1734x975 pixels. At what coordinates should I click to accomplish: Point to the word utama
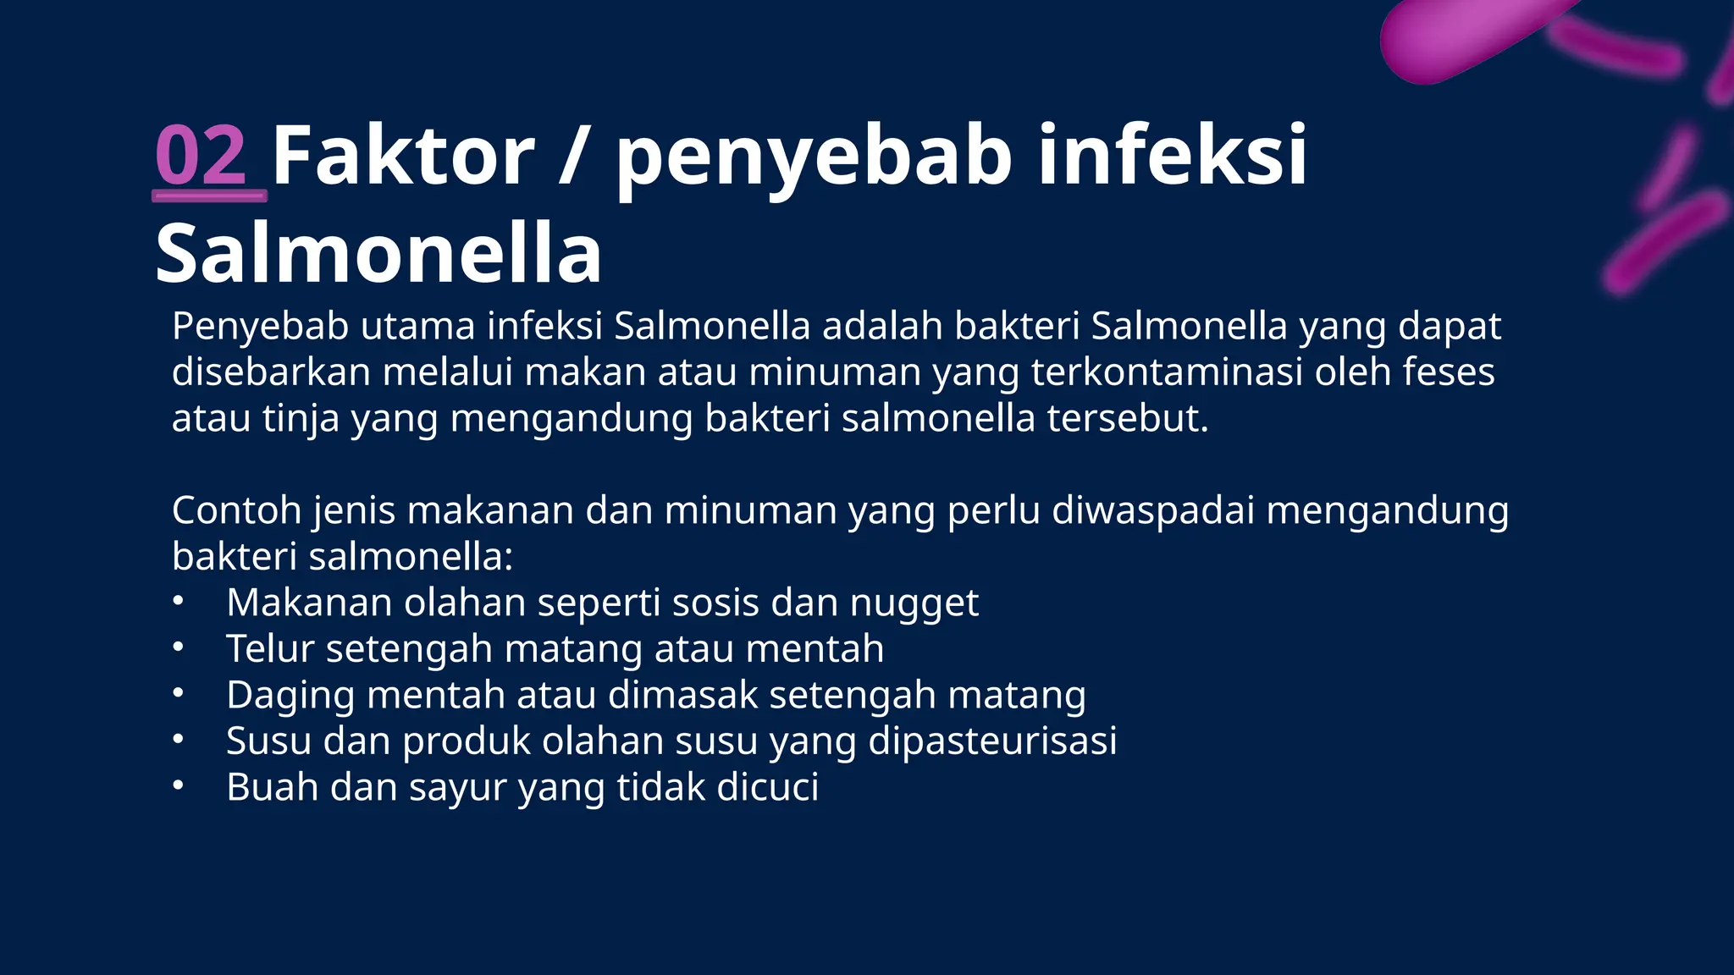tap(417, 326)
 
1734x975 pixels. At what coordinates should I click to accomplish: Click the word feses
tap(1448, 372)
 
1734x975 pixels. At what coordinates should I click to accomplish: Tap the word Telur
tap(270, 649)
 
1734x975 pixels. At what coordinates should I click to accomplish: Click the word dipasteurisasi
tap(992, 741)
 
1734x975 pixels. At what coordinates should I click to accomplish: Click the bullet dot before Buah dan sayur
tap(178, 786)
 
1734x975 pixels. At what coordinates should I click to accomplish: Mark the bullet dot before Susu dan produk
tap(178, 741)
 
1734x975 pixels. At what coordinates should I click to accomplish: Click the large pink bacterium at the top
tap(1465, 38)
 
